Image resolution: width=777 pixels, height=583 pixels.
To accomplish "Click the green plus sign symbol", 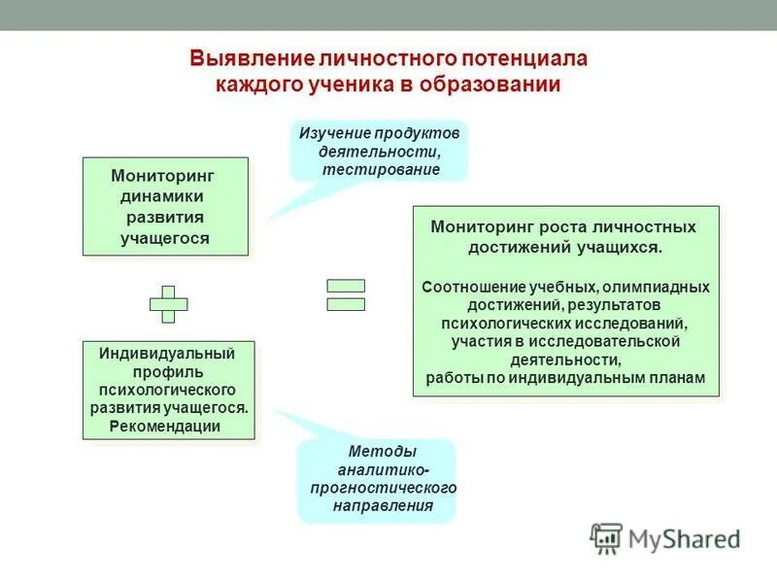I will click(x=168, y=304).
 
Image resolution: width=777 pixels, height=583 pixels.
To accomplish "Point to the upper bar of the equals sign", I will click(x=346, y=286).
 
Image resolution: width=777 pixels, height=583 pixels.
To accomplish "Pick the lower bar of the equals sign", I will click(x=346, y=304).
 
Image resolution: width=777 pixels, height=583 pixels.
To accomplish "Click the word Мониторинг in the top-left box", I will click(x=162, y=176).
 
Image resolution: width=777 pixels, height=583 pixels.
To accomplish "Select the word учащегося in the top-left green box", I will click(x=165, y=237).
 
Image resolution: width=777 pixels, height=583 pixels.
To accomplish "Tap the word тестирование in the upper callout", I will click(x=382, y=169).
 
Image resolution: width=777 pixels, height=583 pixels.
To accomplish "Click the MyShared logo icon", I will click(x=606, y=537).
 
